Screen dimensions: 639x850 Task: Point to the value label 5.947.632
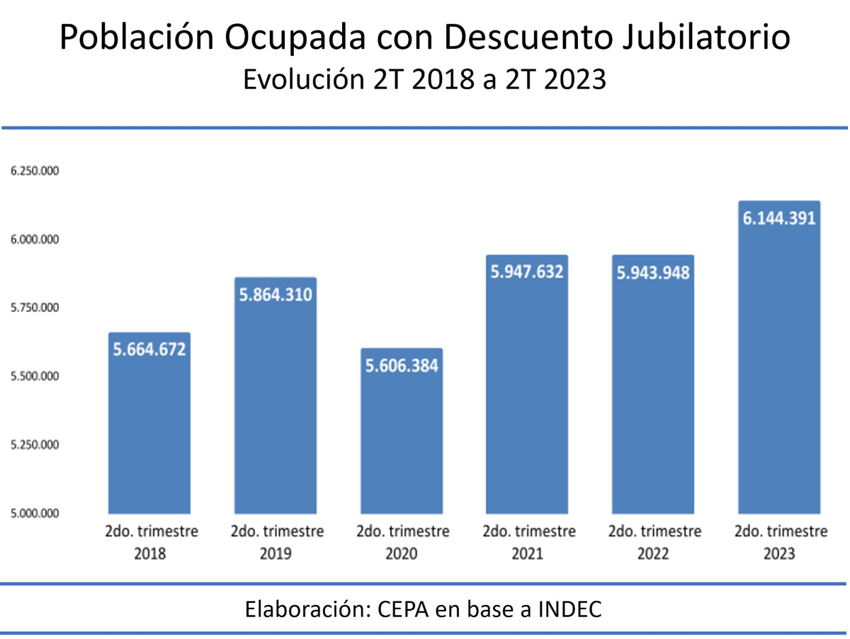tap(527, 271)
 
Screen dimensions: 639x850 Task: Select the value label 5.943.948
tap(653, 272)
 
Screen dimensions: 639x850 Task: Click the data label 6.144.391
tap(779, 218)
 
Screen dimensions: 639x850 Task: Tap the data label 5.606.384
tap(402, 366)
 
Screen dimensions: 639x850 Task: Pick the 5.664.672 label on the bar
tap(149, 349)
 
